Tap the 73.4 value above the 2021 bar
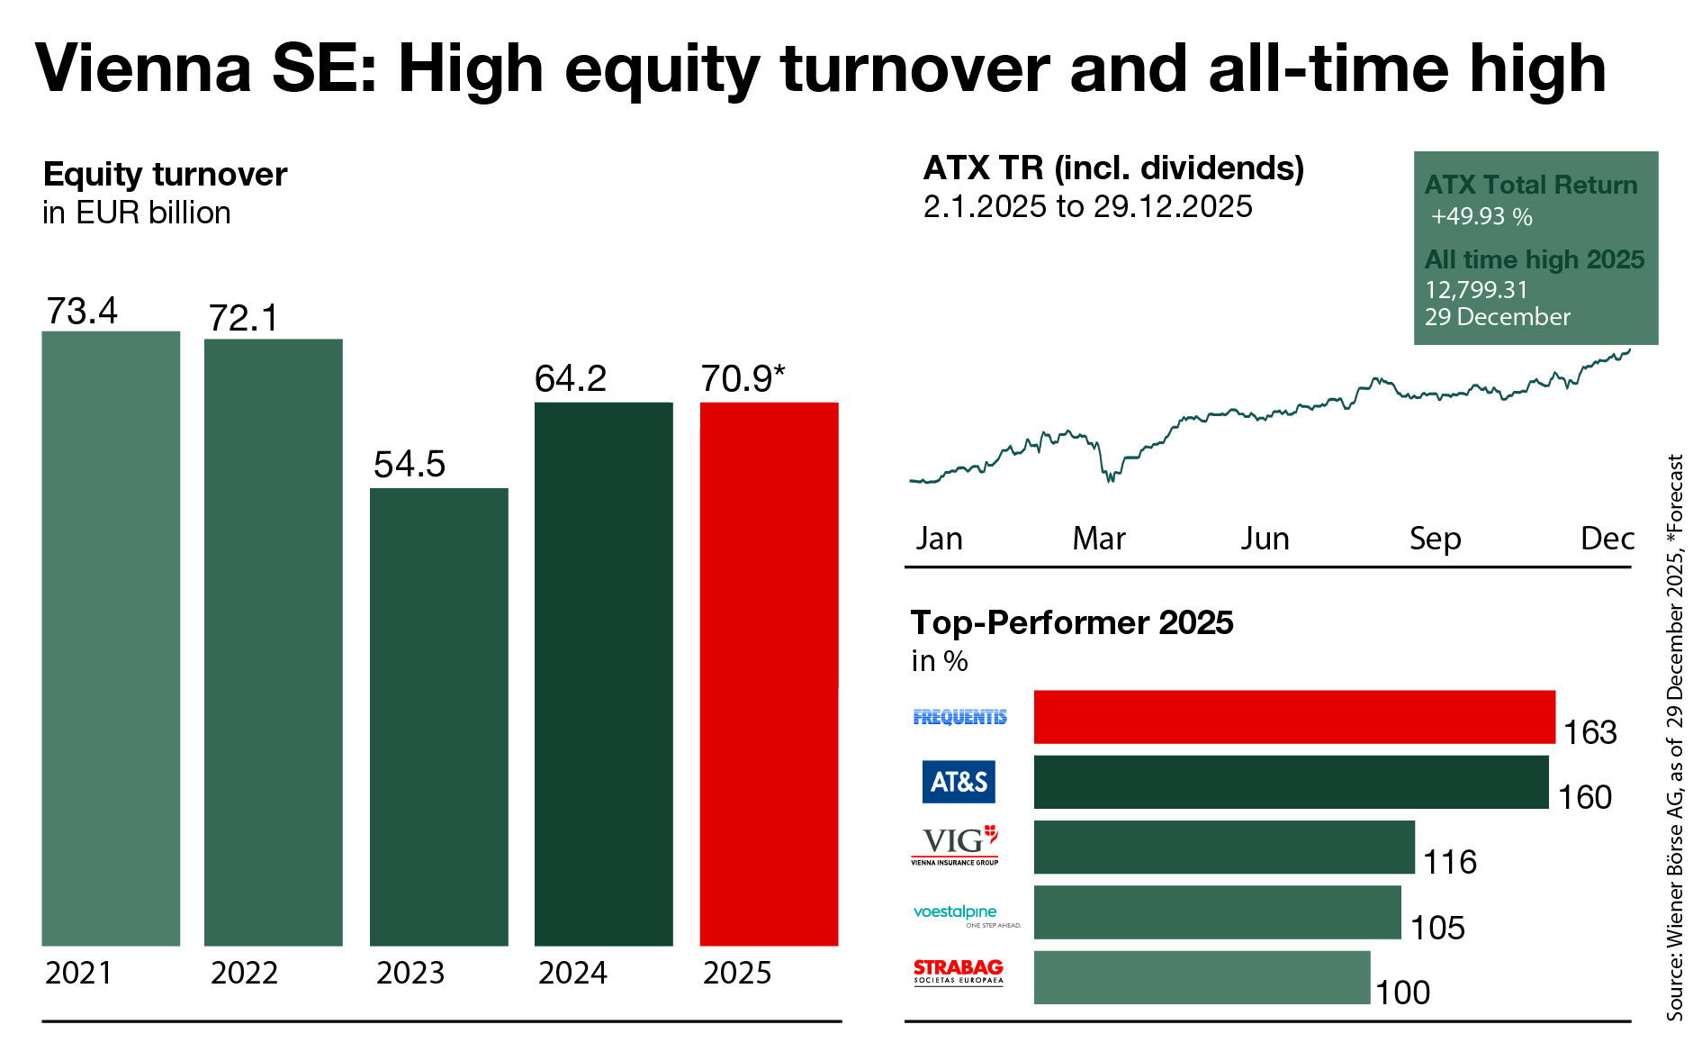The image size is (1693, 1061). pyautogui.click(x=82, y=312)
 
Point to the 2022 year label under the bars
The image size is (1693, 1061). pyautogui.click(x=244, y=974)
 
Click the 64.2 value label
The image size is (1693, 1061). pyautogui.click(x=571, y=379)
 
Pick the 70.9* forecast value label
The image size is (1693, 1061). pyautogui.click(x=743, y=379)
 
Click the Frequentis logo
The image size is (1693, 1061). pyautogui.click(x=959, y=717)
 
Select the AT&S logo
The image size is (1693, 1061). pyautogui.click(x=959, y=782)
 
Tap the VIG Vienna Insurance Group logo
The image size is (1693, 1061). pyautogui.click(x=955, y=845)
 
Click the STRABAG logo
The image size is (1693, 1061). pyautogui.click(x=958, y=972)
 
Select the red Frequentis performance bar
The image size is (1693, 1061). pyautogui.click(x=1293, y=717)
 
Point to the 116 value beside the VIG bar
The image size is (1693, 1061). pyautogui.click(x=1449, y=863)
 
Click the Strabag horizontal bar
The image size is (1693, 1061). pyautogui.click(x=1202, y=977)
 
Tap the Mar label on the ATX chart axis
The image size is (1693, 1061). pyautogui.click(x=1098, y=539)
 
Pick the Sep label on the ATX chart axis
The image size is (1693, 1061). pyautogui.click(x=1435, y=539)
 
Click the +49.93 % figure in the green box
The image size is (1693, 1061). pyautogui.click(x=1481, y=217)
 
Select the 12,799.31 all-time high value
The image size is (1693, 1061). pyautogui.click(x=1476, y=289)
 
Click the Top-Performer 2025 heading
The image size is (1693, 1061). pyautogui.click(x=1071, y=622)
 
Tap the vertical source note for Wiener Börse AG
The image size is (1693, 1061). pyautogui.click(x=1675, y=737)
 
